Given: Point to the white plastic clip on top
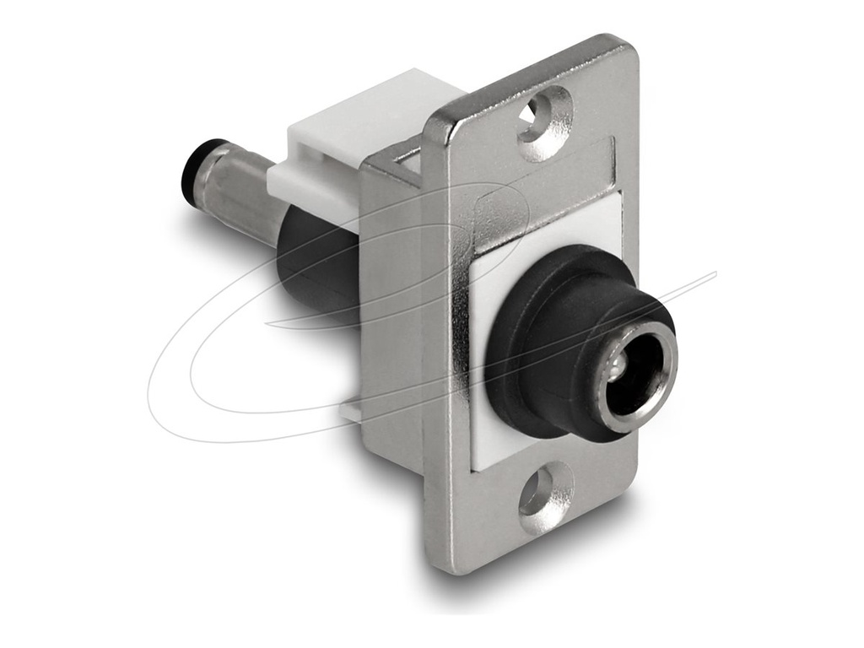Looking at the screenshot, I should coord(354,135).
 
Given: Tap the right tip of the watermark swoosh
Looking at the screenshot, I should coord(713,273).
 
